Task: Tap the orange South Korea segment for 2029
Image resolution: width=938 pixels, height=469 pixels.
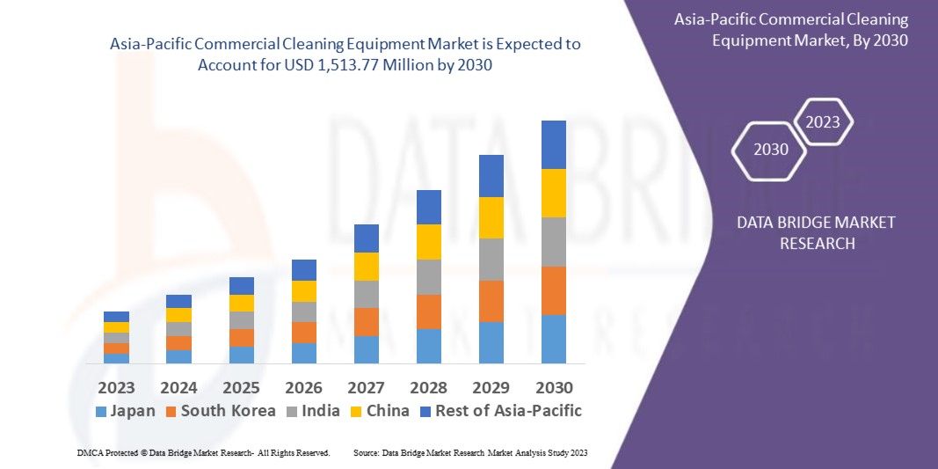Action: pyautogui.click(x=491, y=301)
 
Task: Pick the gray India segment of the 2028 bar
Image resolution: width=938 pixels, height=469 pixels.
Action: pyautogui.click(x=428, y=276)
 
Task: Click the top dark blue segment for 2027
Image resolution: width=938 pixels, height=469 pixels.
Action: pyautogui.click(x=366, y=238)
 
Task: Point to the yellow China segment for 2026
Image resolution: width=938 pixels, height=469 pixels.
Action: pyautogui.click(x=303, y=290)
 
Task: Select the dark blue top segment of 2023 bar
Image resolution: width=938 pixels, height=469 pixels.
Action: pyautogui.click(x=116, y=317)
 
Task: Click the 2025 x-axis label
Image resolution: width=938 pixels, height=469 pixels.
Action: pyautogui.click(x=241, y=388)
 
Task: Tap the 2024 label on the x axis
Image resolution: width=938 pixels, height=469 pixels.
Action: pyautogui.click(x=178, y=388)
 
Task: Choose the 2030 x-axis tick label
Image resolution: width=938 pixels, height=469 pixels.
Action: pyautogui.click(x=553, y=388)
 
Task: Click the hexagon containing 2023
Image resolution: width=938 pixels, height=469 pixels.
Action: pyautogui.click(x=823, y=122)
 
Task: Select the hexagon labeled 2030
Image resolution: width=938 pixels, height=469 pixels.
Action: pyautogui.click(x=771, y=150)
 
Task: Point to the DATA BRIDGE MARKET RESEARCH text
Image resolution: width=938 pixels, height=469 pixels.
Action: pyautogui.click(x=816, y=232)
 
